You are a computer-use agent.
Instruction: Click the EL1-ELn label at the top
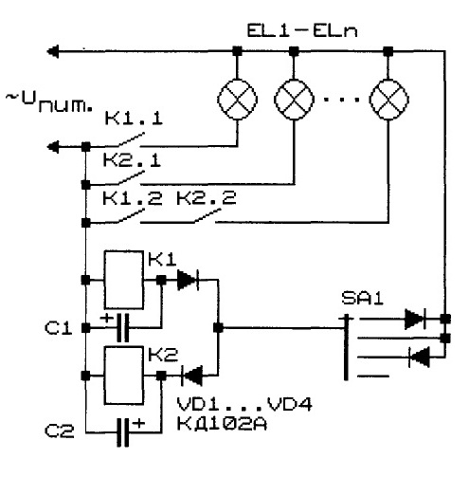click(302, 31)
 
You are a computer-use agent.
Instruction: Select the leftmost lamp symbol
click(237, 100)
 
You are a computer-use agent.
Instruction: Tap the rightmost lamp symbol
click(388, 100)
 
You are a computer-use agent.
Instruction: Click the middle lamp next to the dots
click(294, 100)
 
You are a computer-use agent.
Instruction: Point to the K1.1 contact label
click(134, 119)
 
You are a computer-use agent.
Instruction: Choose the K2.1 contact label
click(132, 160)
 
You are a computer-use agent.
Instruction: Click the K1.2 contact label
click(133, 198)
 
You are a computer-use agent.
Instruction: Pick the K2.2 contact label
click(206, 197)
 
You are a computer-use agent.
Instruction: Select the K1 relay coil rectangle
click(124, 280)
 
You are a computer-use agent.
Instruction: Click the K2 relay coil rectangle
click(124, 376)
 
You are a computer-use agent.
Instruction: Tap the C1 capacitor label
click(59, 328)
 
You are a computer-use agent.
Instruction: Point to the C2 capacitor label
click(60, 431)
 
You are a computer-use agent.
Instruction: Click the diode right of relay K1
click(189, 280)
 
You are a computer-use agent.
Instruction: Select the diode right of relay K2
click(191, 376)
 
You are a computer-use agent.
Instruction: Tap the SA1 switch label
click(363, 298)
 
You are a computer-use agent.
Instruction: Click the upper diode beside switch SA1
click(415, 319)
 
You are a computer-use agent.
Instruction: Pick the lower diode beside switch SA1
click(419, 357)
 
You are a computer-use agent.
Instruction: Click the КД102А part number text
click(222, 424)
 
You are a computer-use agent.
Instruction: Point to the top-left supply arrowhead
click(53, 51)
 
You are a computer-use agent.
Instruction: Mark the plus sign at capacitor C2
click(138, 423)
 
